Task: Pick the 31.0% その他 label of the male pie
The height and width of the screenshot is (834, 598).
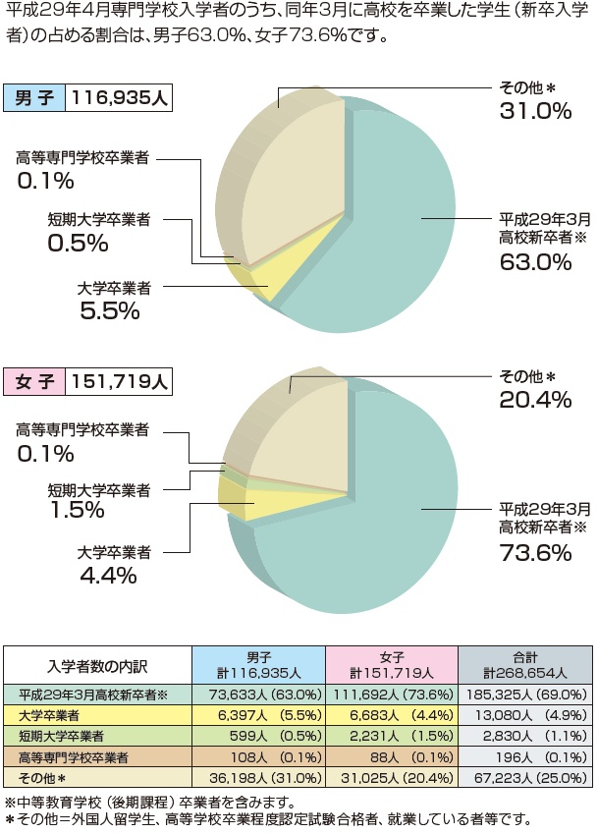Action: [534, 111]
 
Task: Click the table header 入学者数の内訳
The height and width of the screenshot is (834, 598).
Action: [98, 665]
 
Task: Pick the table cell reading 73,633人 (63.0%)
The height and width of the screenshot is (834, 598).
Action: [258, 695]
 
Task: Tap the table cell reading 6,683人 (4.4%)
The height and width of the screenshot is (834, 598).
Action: [392, 714]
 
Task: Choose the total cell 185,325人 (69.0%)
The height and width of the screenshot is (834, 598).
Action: [524, 695]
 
